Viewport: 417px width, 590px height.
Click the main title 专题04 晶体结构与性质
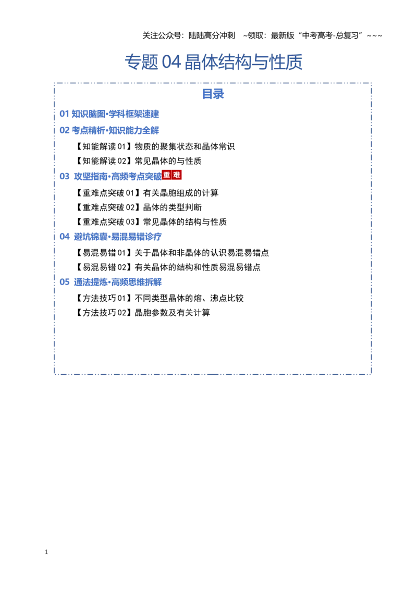pyautogui.click(x=213, y=62)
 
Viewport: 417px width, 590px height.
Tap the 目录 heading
pyautogui.click(x=213, y=94)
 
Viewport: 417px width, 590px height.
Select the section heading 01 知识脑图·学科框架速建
pyautogui.click(x=109, y=114)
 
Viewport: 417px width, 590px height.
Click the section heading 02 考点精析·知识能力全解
pyautogui.click(x=109, y=130)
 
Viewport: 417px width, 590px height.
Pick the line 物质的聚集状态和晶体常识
pyautogui.click(x=185, y=146)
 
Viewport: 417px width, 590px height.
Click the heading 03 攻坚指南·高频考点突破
pyautogui.click(x=111, y=177)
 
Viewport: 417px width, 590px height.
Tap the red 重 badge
pyautogui.click(x=167, y=175)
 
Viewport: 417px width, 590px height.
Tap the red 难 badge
pyautogui.click(x=177, y=175)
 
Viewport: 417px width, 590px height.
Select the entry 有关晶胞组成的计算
pyautogui.click(x=181, y=193)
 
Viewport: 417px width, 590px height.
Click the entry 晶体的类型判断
pyautogui.click(x=173, y=207)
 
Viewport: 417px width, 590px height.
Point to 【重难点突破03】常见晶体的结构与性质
pyautogui.click(x=150, y=222)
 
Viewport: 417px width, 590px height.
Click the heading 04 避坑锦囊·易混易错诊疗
pyautogui.click(x=111, y=237)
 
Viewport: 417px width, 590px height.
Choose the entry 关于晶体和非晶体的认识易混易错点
pyautogui.click(x=202, y=253)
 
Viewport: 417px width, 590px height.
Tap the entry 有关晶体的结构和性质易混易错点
pyautogui.click(x=198, y=267)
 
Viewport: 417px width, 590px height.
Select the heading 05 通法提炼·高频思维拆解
pyautogui.click(x=111, y=282)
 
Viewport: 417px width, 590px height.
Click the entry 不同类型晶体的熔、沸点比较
pyautogui.click(x=189, y=298)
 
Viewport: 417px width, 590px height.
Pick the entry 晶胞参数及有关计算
pyautogui.click(x=173, y=313)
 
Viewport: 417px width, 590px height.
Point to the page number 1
pyautogui.click(x=46, y=552)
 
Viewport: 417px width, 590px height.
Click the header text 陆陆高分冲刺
pyautogui.click(x=212, y=36)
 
